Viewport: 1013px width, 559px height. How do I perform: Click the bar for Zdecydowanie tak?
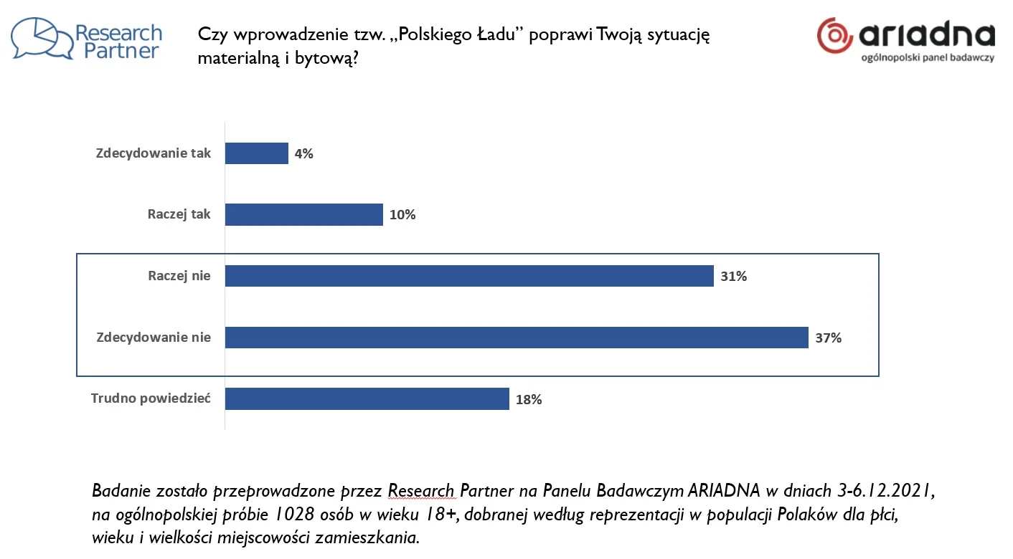click(x=256, y=153)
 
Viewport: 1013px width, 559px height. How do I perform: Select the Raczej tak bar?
click(x=304, y=214)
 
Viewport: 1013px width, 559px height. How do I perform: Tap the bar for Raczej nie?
click(x=469, y=276)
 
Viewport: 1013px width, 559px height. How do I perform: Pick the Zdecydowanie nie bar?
click(x=517, y=337)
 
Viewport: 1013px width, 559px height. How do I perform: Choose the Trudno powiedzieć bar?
click(x=367, y=398)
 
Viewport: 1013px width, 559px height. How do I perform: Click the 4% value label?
click(x=304, y=153)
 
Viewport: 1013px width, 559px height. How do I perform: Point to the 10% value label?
click(x=402, y=215)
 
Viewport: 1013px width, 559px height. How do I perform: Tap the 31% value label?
click(x=733, y=276)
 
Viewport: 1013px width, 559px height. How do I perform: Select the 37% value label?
click(x=828, y=338)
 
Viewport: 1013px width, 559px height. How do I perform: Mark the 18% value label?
click(x=529, y=399)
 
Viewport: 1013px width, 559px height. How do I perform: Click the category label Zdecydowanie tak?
click(x=154, y=153)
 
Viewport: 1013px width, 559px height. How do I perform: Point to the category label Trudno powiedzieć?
click(x=151, y=398)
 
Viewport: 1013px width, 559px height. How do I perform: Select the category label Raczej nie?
click(x=179, y=276)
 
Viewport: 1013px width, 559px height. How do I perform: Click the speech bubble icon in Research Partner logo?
click(x=42, y=39)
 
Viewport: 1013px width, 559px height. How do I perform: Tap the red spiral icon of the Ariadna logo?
click(x=834, y=35)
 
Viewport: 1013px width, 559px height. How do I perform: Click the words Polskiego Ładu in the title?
click(x=457, y=34)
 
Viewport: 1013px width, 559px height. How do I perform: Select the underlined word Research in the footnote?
click(x=421, y=491)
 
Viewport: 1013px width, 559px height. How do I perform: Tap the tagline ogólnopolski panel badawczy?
click(x=928, y=58)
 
